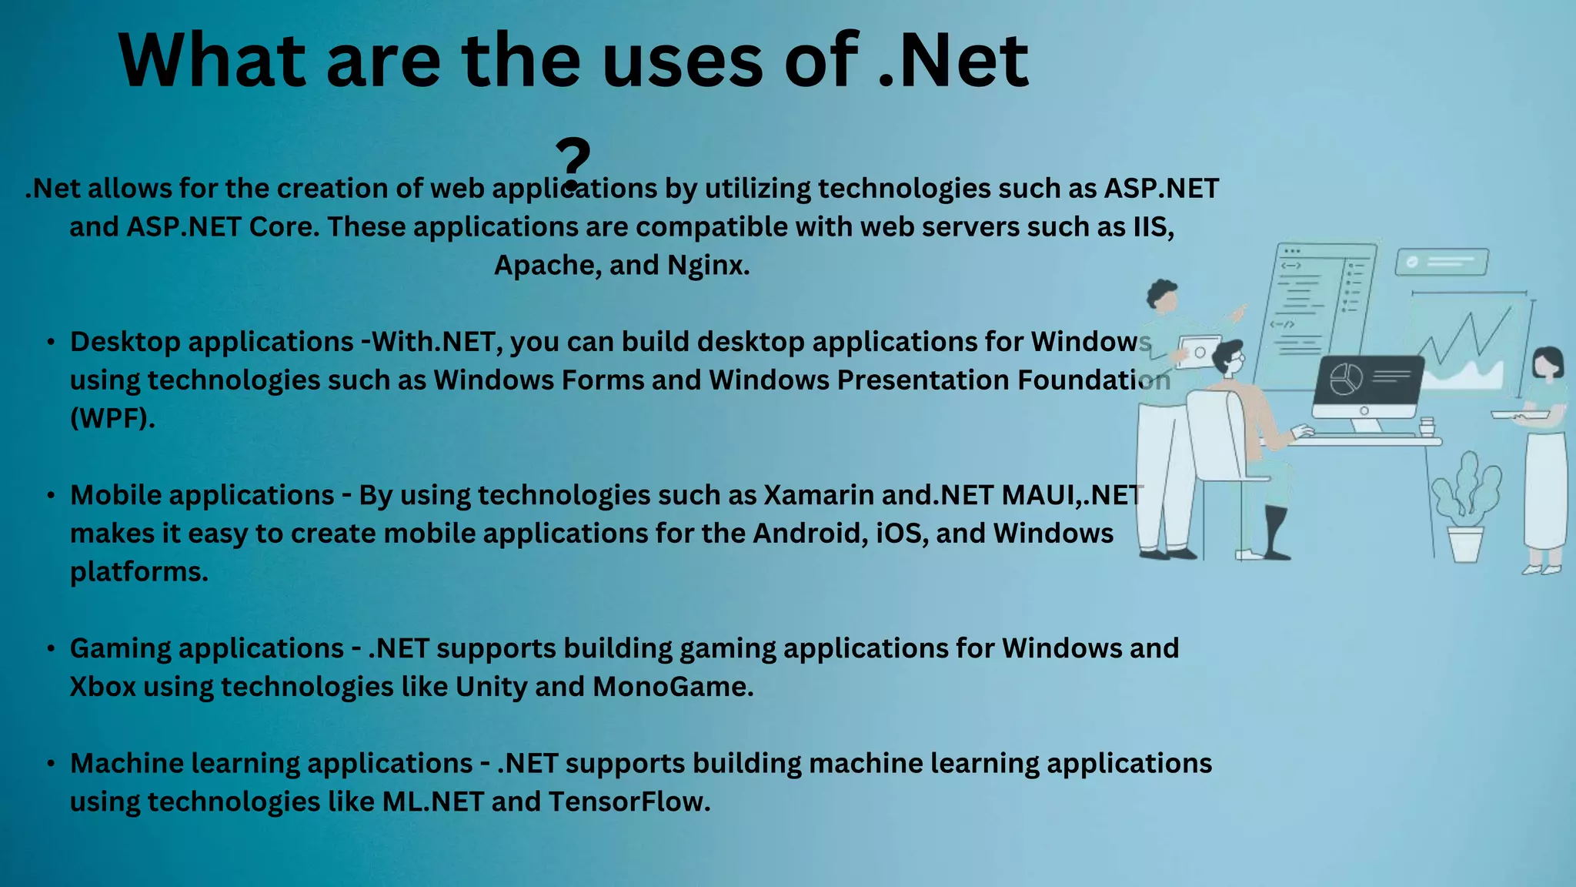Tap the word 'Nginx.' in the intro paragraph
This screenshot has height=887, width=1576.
click(x=708, y=265)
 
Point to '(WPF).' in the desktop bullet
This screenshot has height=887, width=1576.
click(x=112, y=418)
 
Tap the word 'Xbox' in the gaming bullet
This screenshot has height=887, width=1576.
click(x=103, y=687)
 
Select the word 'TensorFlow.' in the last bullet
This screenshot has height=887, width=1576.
click(x=629, y=802)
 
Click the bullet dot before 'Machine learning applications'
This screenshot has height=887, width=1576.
click(x=51, y=764)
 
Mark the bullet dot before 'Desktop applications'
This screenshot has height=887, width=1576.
click(x=51, y=342)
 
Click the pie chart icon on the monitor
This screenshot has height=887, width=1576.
click(x=1347, y=379)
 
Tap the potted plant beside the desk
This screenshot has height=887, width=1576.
click(x=1466, y=508)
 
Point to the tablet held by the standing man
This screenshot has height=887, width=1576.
click(x=1197, y=353)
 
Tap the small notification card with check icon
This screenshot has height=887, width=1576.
click(x=1441, y=262)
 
